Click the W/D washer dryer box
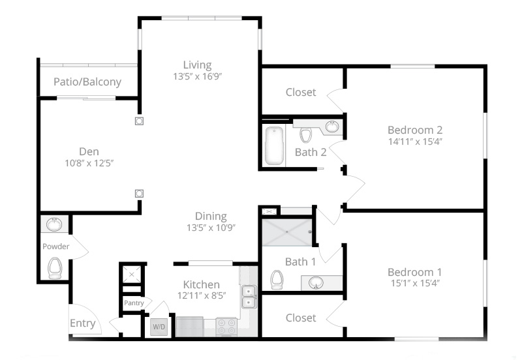pyautogui.click(x=159, y=327)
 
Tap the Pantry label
pyautogui.click(x=134, y=303)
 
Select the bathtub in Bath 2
pyautogui.click(x=274, y=145)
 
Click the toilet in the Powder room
pyautogui.click(x=55, y=268)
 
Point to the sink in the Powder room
pyautogui.click(x=54, y=224)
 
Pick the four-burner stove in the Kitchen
pyautogui.click(x=226, y=327)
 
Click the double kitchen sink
pyautogui.click(x=249, y=297)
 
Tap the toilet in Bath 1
pyautogui.click(x=277, y=280)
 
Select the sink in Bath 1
pyautogui.click(x=316, y=283)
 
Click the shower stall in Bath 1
pyautogui.click(x=287, y=232)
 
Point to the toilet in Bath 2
pyautogui.click(x=305, y=134)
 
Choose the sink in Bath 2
pyautogui.click(x=332, y=127)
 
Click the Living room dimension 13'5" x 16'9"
pyautogui.click(x=198, y=76)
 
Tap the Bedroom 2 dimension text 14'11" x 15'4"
pyautogui.click(x=415, y=142)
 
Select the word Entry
pyautogui.click(x=83, y=323)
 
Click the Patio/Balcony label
pyautogui.click(x=87, y=82)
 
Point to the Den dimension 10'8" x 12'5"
pyautogui.click(x=89, y=163)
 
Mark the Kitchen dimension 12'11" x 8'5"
pyautogui.click(x=202, y=295)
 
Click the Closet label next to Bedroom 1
pyautogui.click(x=301, y=318)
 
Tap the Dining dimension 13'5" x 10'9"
pyautogui.click(x=211, y=228)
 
